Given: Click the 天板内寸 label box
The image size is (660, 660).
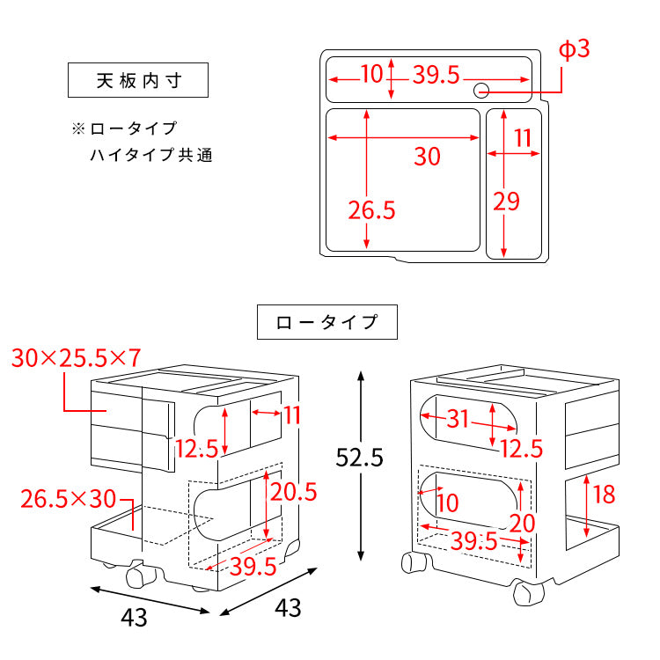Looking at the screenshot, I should [138, 81].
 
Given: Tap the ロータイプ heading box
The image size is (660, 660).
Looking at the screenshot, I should [326, 322].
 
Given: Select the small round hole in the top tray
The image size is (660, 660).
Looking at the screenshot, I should [481, 90].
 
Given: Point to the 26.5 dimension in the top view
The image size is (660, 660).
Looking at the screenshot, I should [371, 210].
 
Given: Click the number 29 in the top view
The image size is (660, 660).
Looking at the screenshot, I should [506, 202].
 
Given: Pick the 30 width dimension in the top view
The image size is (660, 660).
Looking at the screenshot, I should [427, 158].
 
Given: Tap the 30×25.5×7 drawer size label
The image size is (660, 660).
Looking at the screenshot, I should [77, 358].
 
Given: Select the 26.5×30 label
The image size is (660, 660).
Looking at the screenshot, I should [69, 499].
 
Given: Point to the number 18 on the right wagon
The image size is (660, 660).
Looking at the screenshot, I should [604, 495].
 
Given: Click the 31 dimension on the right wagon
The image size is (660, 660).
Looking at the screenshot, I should [458, 420].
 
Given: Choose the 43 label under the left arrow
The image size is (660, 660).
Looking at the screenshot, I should [135, 619].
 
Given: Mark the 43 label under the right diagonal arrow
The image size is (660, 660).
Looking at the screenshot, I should [288, 607].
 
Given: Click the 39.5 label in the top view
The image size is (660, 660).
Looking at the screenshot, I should [436, 76].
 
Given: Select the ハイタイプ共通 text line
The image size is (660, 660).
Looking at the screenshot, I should [150, 157].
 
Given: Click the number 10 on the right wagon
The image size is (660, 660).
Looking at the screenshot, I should [448, 503].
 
